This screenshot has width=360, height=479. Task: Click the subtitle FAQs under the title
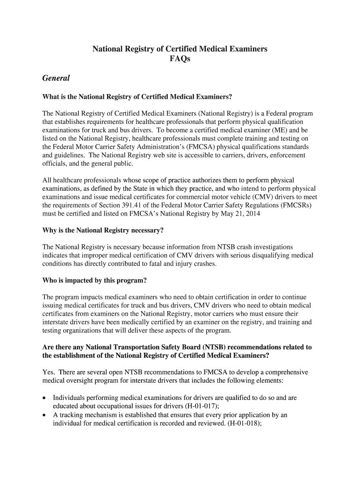[x=180, y=59]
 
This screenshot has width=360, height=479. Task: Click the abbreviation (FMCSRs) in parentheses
[x=295, y=205]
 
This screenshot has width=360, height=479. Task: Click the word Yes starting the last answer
[x=48, y=372]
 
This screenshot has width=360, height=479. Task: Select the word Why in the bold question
[x=50, y=231]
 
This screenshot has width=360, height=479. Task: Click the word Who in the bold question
[x=50, y=280]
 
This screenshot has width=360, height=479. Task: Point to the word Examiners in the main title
[x=249, y=49]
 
